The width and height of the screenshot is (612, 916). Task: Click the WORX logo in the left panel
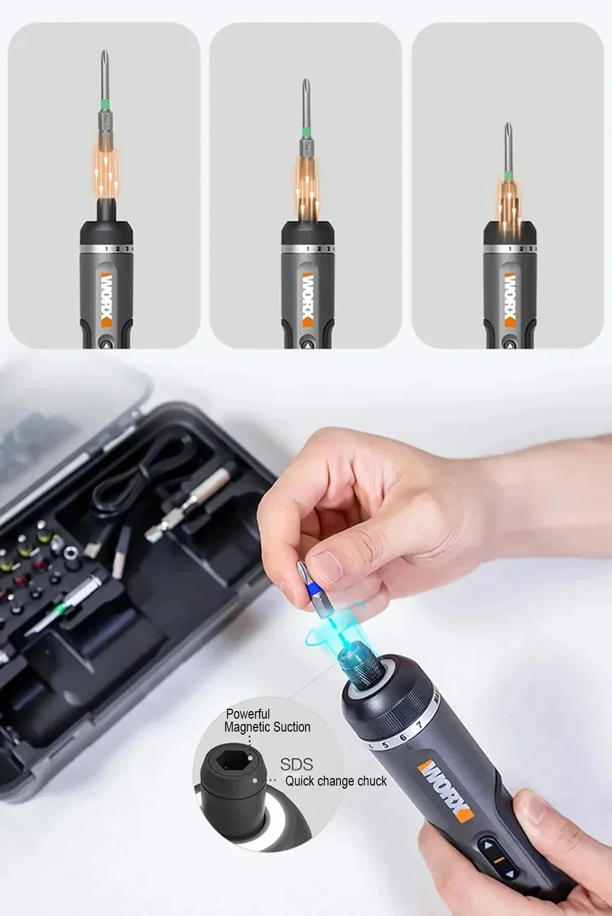pos(106,298)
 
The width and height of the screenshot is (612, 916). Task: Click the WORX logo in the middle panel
pos(308,298)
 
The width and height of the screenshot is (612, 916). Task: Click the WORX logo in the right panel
pos(509,298)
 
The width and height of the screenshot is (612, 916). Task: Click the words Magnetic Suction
pos(267,728)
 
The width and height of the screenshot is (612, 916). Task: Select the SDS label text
pos(296,764)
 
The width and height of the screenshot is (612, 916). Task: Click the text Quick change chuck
pos(336,781)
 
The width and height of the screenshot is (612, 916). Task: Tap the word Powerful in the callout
pos(248,714)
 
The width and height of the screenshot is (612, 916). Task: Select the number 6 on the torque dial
pos(403,737)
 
